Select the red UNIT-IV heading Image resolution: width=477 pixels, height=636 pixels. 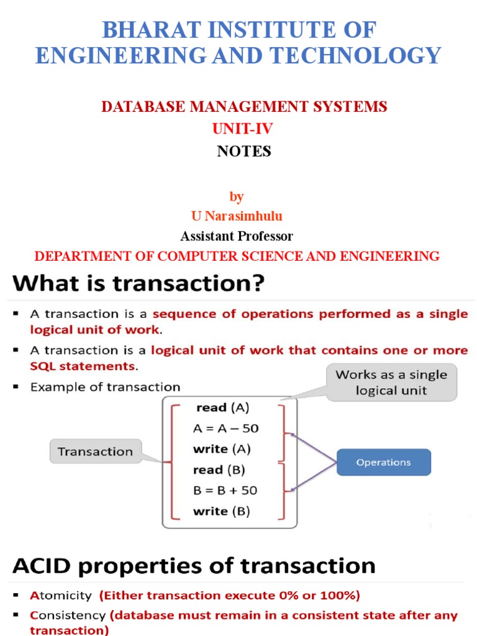pyautogui.click(x=243, y=129)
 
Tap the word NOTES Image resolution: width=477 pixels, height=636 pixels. pyautogui.click(x=244, y=151)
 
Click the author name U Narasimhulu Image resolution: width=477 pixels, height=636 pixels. pyautogui.click(x=237, y=216)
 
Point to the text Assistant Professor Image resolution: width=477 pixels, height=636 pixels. pyautogui.click(x=237, y=236)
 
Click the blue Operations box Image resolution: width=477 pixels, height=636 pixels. pyautogui.click(x=383, y=462)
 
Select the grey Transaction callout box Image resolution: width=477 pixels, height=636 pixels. pyautogui.click(x=95, y=452)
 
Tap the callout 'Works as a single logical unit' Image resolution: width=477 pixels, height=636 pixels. pyautogui.click(x=391, y=383)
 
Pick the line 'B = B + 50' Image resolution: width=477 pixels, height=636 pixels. pyautogui.click(x=225, y=490)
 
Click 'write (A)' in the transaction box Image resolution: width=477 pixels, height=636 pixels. pyautogui.click(x=222, y=449)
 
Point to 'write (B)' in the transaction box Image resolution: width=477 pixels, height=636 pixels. pyautogui.click(x=222, y=511)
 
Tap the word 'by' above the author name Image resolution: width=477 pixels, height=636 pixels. pyautogui.click(x=237, y=196)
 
